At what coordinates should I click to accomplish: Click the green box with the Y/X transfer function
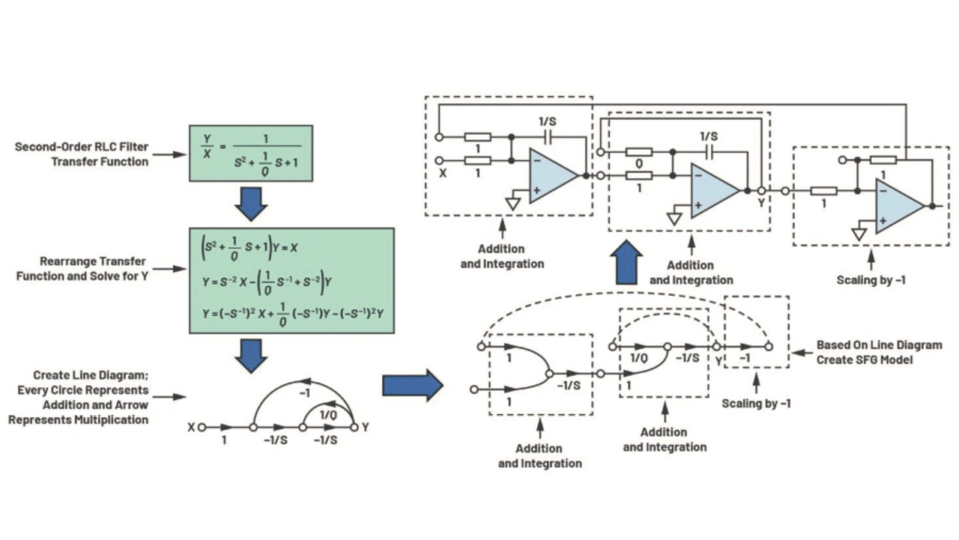click(x=251, y=154)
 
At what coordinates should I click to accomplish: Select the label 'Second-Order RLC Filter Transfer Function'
click(x=82, y=154)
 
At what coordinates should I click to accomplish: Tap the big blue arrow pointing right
click(x=412, y=385)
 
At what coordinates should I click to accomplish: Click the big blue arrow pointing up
click(x=626, y=262)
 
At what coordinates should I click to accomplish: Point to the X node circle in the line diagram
click(x=202, y=427)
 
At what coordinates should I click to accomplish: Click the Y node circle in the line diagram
click(x=354, y=427)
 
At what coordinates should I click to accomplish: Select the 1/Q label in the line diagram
click(x=328, y=414)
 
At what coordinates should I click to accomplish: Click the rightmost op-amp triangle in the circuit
click(x=900, y=206)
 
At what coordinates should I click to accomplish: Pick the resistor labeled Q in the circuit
click(x=639, y=152)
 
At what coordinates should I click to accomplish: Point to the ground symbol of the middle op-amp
click(x=674, y=219)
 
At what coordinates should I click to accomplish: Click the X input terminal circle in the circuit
click(x=439, y=161)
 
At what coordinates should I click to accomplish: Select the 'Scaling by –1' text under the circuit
click(x=871, y=280)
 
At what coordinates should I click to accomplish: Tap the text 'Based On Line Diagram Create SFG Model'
click(x=879, y=352)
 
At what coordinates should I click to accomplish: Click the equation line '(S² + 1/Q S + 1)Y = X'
click(x=249, y=248)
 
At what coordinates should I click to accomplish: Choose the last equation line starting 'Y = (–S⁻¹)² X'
click(x=293, y=314)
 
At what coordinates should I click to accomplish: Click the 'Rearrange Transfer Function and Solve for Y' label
click(x=82, y=269)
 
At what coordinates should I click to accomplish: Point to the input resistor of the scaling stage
click(x=823, y=191)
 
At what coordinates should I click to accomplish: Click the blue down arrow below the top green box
click(x=251, y=204)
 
